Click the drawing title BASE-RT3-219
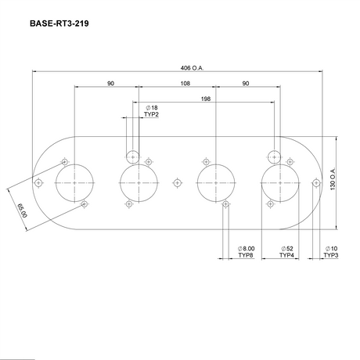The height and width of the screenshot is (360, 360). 59,24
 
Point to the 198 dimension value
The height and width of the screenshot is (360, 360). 206,99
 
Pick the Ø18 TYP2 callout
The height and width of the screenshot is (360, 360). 152,110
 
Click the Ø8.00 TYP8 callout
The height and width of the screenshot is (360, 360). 247,252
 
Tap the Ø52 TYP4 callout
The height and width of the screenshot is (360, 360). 287,252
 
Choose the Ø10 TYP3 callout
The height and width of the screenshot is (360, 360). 331,252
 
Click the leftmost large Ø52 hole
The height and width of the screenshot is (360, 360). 74,182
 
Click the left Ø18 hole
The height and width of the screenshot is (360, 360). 133,154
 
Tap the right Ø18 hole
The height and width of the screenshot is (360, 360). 273,154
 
